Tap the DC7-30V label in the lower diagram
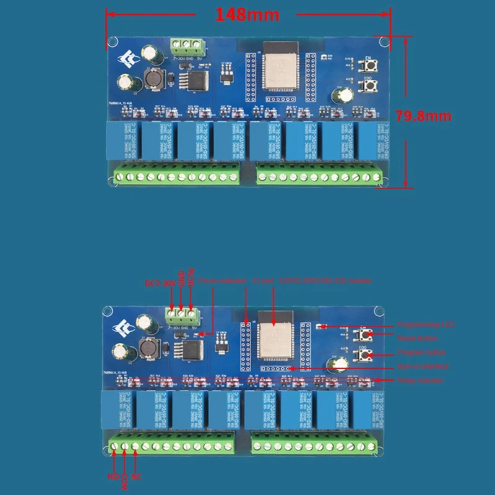point(158,284)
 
